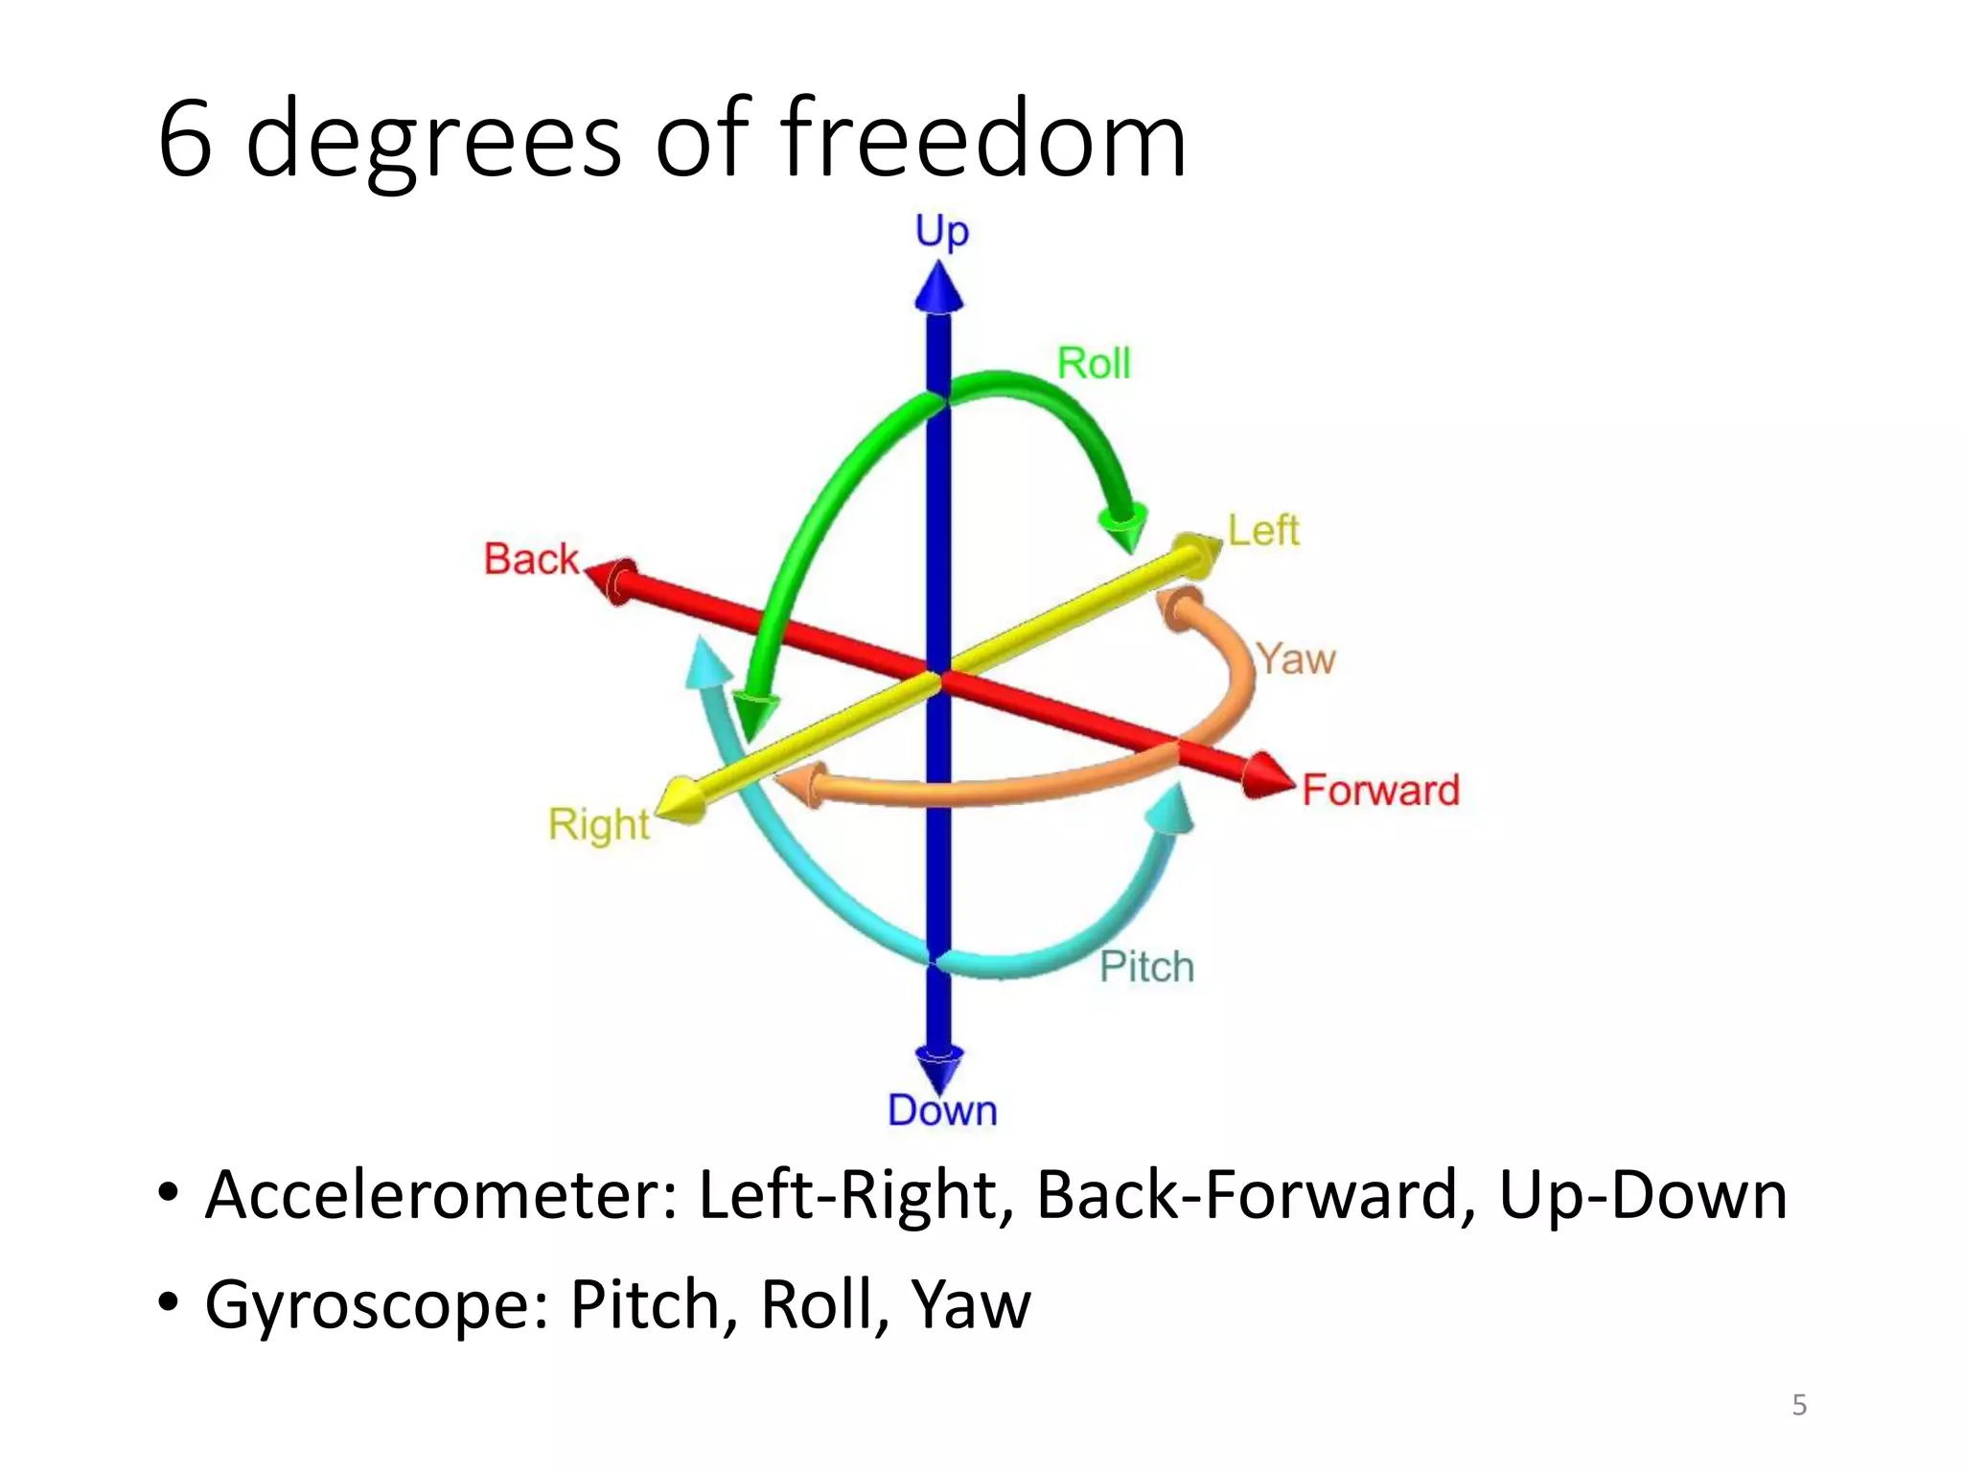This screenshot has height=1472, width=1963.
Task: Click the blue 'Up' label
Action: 941,232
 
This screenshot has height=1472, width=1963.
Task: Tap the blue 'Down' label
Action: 942,1111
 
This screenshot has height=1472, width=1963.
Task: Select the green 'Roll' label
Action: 1094,364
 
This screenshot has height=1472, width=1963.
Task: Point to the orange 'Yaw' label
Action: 1295,659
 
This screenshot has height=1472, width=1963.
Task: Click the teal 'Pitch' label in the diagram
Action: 1146,967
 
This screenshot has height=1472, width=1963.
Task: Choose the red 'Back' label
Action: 531,560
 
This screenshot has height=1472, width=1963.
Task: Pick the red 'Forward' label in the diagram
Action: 1380,791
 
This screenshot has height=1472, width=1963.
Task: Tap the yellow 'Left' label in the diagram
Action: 1263,530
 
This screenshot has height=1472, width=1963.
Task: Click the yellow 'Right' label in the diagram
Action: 599,824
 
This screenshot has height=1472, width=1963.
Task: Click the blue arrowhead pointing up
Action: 938,287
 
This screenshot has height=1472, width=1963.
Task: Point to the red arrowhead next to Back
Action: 612,580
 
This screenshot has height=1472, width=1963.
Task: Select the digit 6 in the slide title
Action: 184,140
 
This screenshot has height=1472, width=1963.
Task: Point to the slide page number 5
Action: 1799,1405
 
